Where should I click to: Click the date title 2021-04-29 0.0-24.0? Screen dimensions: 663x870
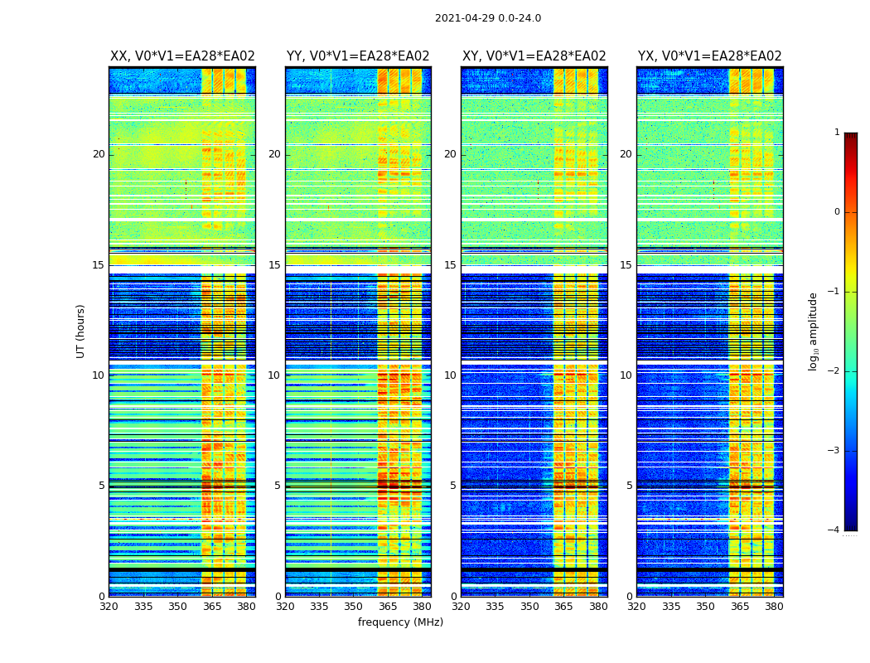click(x=488, y=18)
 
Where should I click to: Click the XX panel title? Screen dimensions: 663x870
click(x=182, y=56)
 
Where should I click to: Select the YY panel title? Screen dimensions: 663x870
click(x=358, y=56)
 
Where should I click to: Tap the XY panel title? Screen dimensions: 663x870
click(x=534, y=56)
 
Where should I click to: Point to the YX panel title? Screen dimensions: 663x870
click(x=709, y=56)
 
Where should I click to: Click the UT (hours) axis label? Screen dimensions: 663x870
click(x=81, y=331)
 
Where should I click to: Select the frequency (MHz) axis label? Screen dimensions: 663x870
click(x=400, y=622)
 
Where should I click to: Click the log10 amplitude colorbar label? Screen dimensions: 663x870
click(x=814, y=331)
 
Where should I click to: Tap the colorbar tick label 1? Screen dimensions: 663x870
click(x=837, y=133)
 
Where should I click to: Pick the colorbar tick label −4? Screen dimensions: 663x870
click(x=834, y=530)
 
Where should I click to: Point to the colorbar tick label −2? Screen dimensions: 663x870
click(x=834, y=371)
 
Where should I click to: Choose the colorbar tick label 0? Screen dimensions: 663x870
click(x=837, y=212)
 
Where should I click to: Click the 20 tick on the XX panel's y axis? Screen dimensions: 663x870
click(x=99, y=154)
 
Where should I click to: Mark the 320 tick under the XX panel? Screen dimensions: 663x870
click(x=109, y=607)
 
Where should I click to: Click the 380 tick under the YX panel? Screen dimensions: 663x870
click(x=774, y=607)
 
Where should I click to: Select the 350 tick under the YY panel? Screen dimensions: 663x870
click(x=354, y=607)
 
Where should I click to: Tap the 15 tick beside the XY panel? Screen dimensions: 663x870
click(x=451, y=265)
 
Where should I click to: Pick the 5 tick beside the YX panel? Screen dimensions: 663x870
click(x=630, y=486)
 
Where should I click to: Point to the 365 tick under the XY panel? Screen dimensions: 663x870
click(x=563, y=607)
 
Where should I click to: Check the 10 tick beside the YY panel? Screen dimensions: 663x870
click(x=274, y=375)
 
